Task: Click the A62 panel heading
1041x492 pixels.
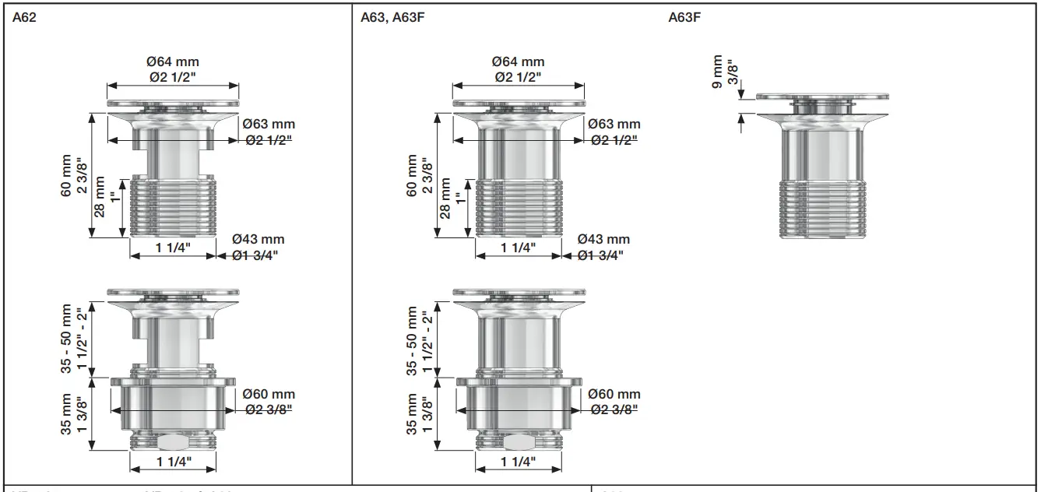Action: pos(25,16)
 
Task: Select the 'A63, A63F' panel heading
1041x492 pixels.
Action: pos(392,16)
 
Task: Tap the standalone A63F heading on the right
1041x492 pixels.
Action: pos(684,16)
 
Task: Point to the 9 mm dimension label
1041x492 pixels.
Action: pos(717,72)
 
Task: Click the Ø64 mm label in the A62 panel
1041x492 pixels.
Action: pos(172,62)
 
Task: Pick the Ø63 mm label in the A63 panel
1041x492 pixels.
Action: pos(614,125)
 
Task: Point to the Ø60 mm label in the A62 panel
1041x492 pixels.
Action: pos(269,395)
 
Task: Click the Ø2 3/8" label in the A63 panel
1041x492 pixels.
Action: pos(614,410)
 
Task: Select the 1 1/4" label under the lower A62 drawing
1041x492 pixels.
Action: pos(172,462)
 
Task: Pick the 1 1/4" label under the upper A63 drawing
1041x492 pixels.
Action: pos(518,248)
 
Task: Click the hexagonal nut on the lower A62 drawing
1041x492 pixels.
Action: pos(171,442)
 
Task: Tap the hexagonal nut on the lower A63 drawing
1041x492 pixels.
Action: pos(517,442)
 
